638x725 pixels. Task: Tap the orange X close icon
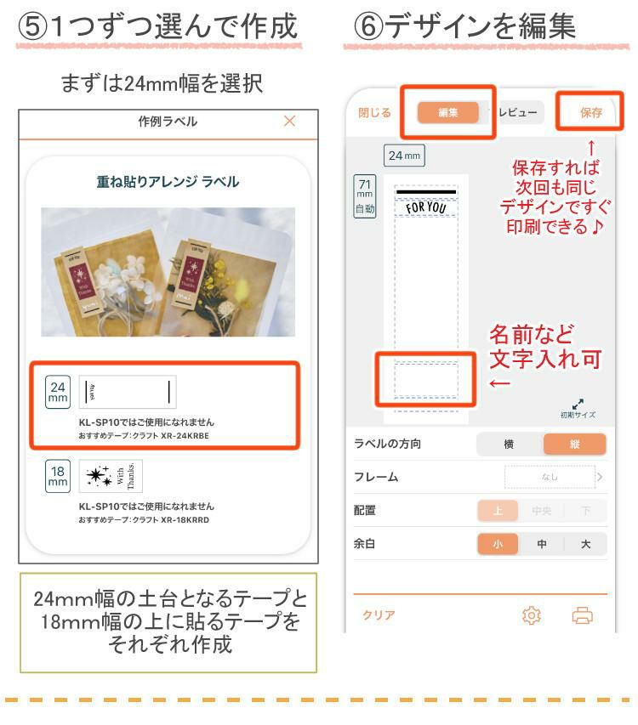coord(289,122)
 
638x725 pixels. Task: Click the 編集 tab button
coord(448,112)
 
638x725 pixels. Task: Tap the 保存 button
coord(590,112)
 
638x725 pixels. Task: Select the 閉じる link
coord(374,112)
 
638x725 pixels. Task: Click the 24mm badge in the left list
coord(58,392)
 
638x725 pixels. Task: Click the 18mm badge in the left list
coord(58,476)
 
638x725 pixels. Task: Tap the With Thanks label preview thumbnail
coord(111,476)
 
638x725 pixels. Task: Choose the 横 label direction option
coord(509,445)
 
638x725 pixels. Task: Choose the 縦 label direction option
coord(575,445)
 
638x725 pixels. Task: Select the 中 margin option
coord(541,544)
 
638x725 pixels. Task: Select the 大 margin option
coord(585,544)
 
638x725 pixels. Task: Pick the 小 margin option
coord(498,544)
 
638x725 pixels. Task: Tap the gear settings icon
coord(532,616)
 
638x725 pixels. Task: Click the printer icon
coord(583,616)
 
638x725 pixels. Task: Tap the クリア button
coord(379,615)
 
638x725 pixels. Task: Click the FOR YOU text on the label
coord(425,207)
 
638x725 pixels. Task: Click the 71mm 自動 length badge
coord(364,196)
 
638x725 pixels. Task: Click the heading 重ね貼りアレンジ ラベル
coord(168,181)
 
